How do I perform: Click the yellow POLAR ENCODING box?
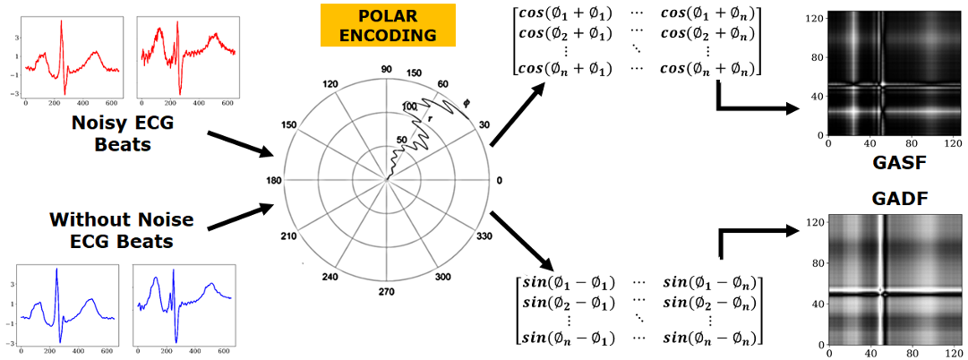tap(389, 26)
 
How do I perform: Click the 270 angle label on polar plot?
tap(387, 292)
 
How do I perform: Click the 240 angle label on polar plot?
tap(330, 277)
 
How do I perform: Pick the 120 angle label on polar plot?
tap(330, 84)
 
